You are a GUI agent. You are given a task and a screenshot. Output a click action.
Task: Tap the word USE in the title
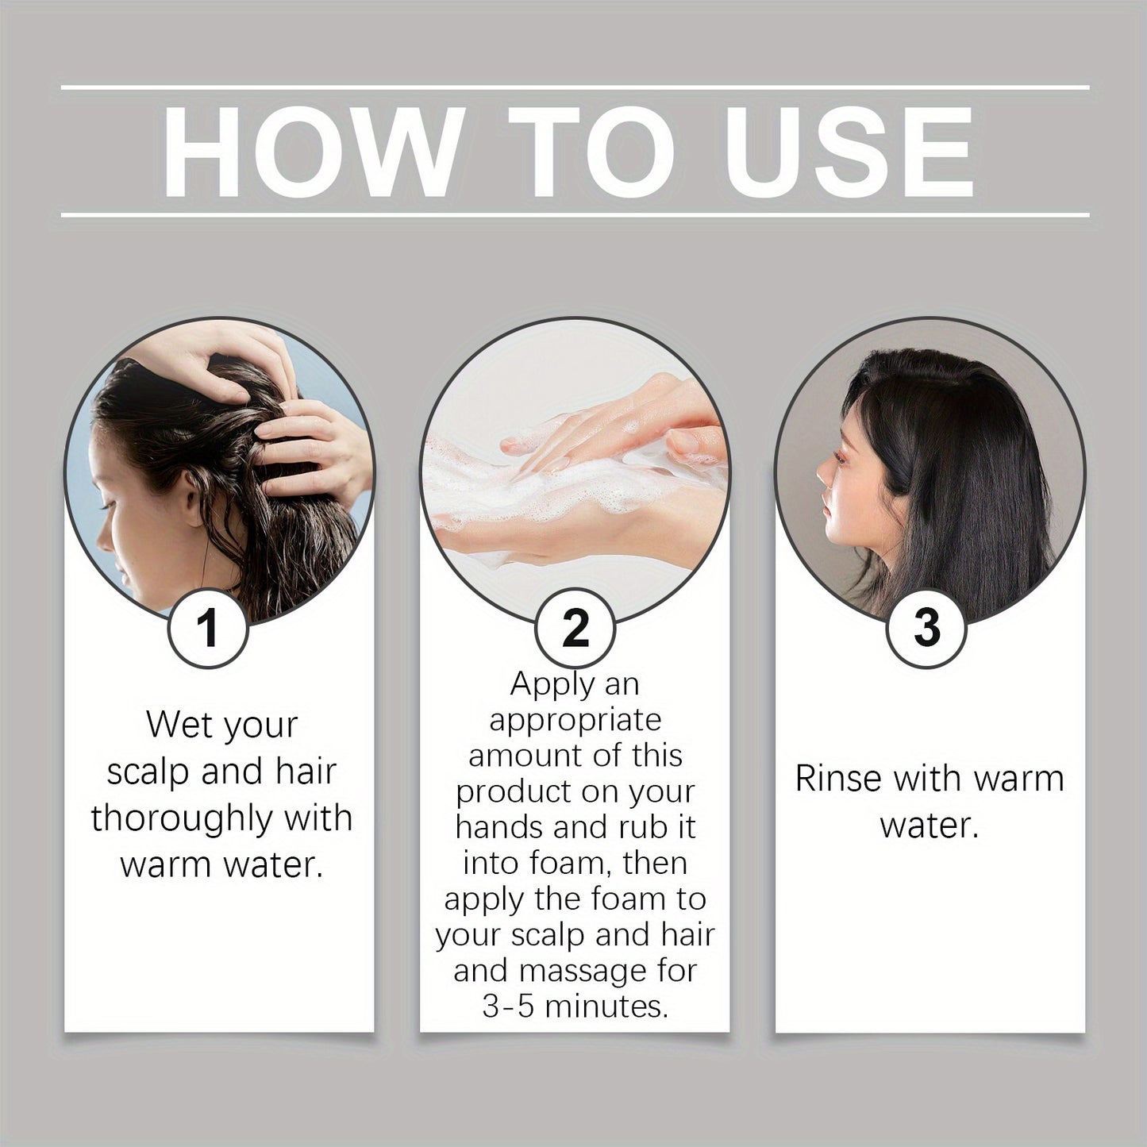(x=848, y=152)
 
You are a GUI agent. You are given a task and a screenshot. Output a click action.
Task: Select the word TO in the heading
(x=591, y=152)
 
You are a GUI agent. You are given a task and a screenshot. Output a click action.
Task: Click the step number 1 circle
(x=208, y=627)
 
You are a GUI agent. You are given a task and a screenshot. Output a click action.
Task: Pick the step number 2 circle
(x=575, y=627)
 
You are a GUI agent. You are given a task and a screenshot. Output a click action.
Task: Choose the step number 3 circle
(x=926, y=627)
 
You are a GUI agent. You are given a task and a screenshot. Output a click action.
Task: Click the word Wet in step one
(x=175, y=724)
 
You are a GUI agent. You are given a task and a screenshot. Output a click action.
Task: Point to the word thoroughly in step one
(x=187, y=818)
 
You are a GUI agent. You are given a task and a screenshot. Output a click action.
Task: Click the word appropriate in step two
(x=575, y=719)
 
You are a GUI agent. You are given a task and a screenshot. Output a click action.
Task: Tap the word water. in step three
(x=929, y=826)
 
